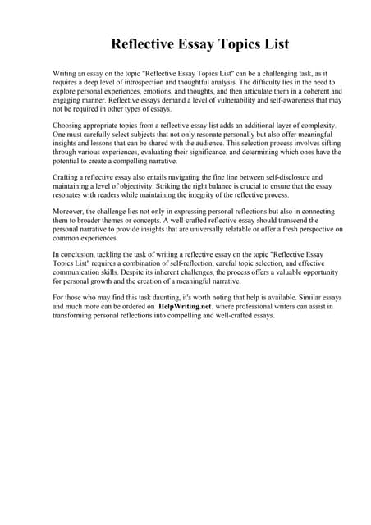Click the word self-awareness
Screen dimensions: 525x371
300,100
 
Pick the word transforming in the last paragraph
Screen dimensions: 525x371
80,314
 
